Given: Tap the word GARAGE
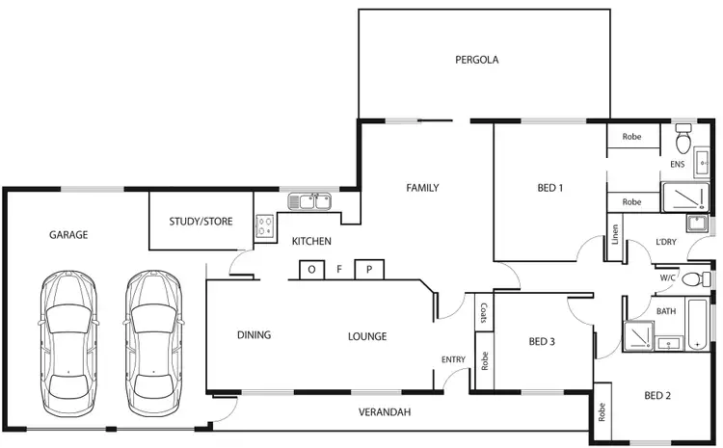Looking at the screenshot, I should tap(68, 234).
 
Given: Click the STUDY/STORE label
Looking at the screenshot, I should tap(201, 222).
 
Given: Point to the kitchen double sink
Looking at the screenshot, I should tap(310, 202).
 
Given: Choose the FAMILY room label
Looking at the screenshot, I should tap(422, 188).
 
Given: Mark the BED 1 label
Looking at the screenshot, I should tap(549, 188).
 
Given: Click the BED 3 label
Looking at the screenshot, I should tap(543, 341).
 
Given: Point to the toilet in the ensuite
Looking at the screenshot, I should tap(684, 141).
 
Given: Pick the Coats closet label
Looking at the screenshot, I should tap(481, 313).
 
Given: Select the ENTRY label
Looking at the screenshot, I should tap(453, 359).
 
